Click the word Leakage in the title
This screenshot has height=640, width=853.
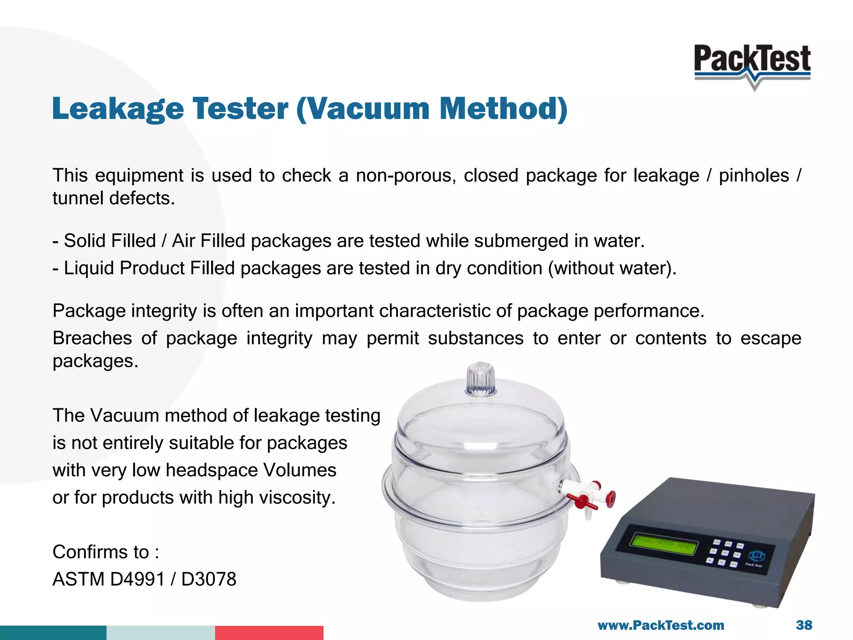pos(118,109)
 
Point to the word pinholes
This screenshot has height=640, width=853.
pos(754,176)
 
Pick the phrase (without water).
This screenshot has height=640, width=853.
pos(612,268)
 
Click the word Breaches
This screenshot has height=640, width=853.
pos(92,338)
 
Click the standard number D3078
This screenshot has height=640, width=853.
pos(209,579)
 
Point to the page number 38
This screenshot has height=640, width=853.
pos(803,625)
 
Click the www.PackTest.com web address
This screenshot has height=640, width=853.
pos(661,625)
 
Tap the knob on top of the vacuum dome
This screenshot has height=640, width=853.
pos(481,379)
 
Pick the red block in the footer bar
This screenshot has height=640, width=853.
pos(269,632)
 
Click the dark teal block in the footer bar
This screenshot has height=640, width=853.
pos(53,632)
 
